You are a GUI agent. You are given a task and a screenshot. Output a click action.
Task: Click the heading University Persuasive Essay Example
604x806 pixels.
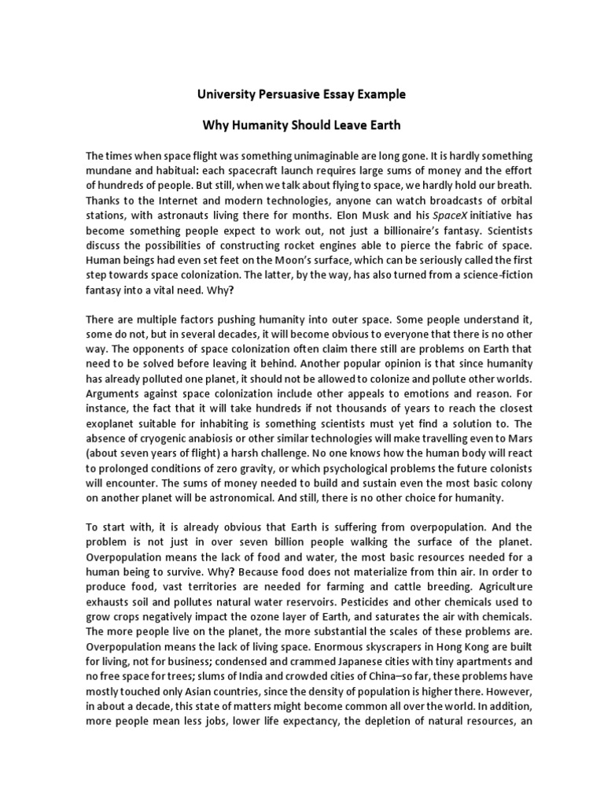tap(301, 94)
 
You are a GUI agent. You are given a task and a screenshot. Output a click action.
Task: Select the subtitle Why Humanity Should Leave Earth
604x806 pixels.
tap(301, 125)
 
